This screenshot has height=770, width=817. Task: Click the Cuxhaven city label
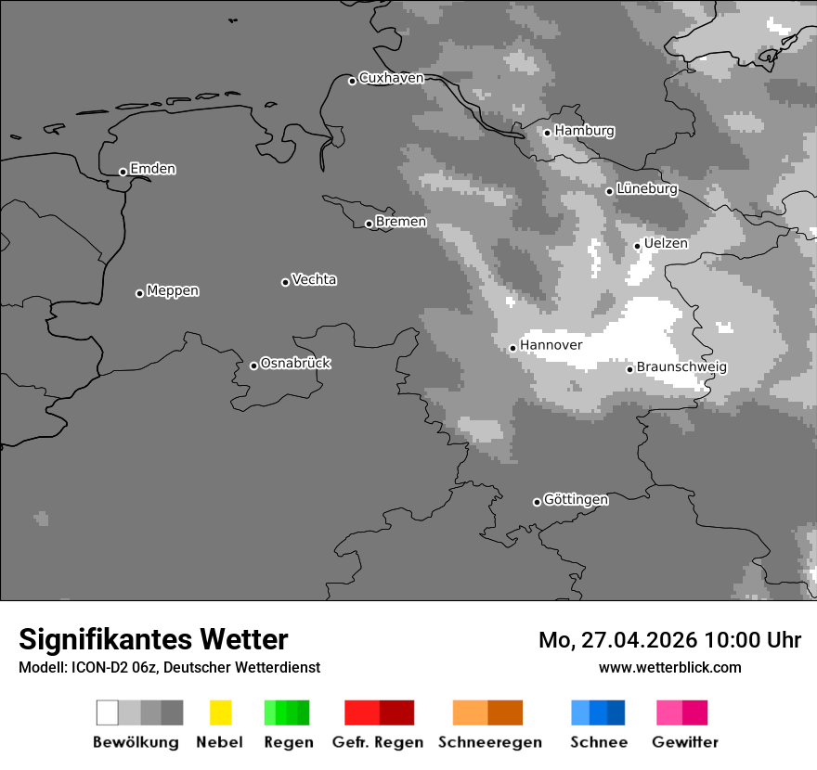coord(391,78)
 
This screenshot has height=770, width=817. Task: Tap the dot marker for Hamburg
coord(547,133)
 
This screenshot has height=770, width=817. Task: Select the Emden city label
coord(152,169)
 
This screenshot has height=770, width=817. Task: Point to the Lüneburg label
coord(647,188)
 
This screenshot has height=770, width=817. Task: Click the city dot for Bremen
coord(369,224)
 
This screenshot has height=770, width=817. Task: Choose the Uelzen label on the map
coord(666,243)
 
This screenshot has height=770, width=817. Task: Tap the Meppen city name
coord(173,290)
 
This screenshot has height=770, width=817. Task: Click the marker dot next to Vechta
coord(285,282)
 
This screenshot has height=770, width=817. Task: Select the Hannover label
coord(551,345)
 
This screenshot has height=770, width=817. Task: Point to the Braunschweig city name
coord(681,366)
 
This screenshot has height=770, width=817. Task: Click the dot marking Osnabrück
coord(253,366)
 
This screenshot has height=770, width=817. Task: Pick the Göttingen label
coord(576,499)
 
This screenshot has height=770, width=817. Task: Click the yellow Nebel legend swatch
coord(220,712)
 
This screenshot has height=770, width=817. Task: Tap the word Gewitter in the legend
coord(685,742)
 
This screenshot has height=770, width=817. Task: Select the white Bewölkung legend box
coord(108,712)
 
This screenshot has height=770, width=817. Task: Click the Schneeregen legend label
coord(489,742)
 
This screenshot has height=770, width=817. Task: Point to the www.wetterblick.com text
coord(670,667)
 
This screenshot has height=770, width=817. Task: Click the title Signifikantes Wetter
coord(153,639)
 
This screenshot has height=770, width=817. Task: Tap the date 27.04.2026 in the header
coord(640,640)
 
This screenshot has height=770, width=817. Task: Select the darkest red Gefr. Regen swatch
coord(396,712)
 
